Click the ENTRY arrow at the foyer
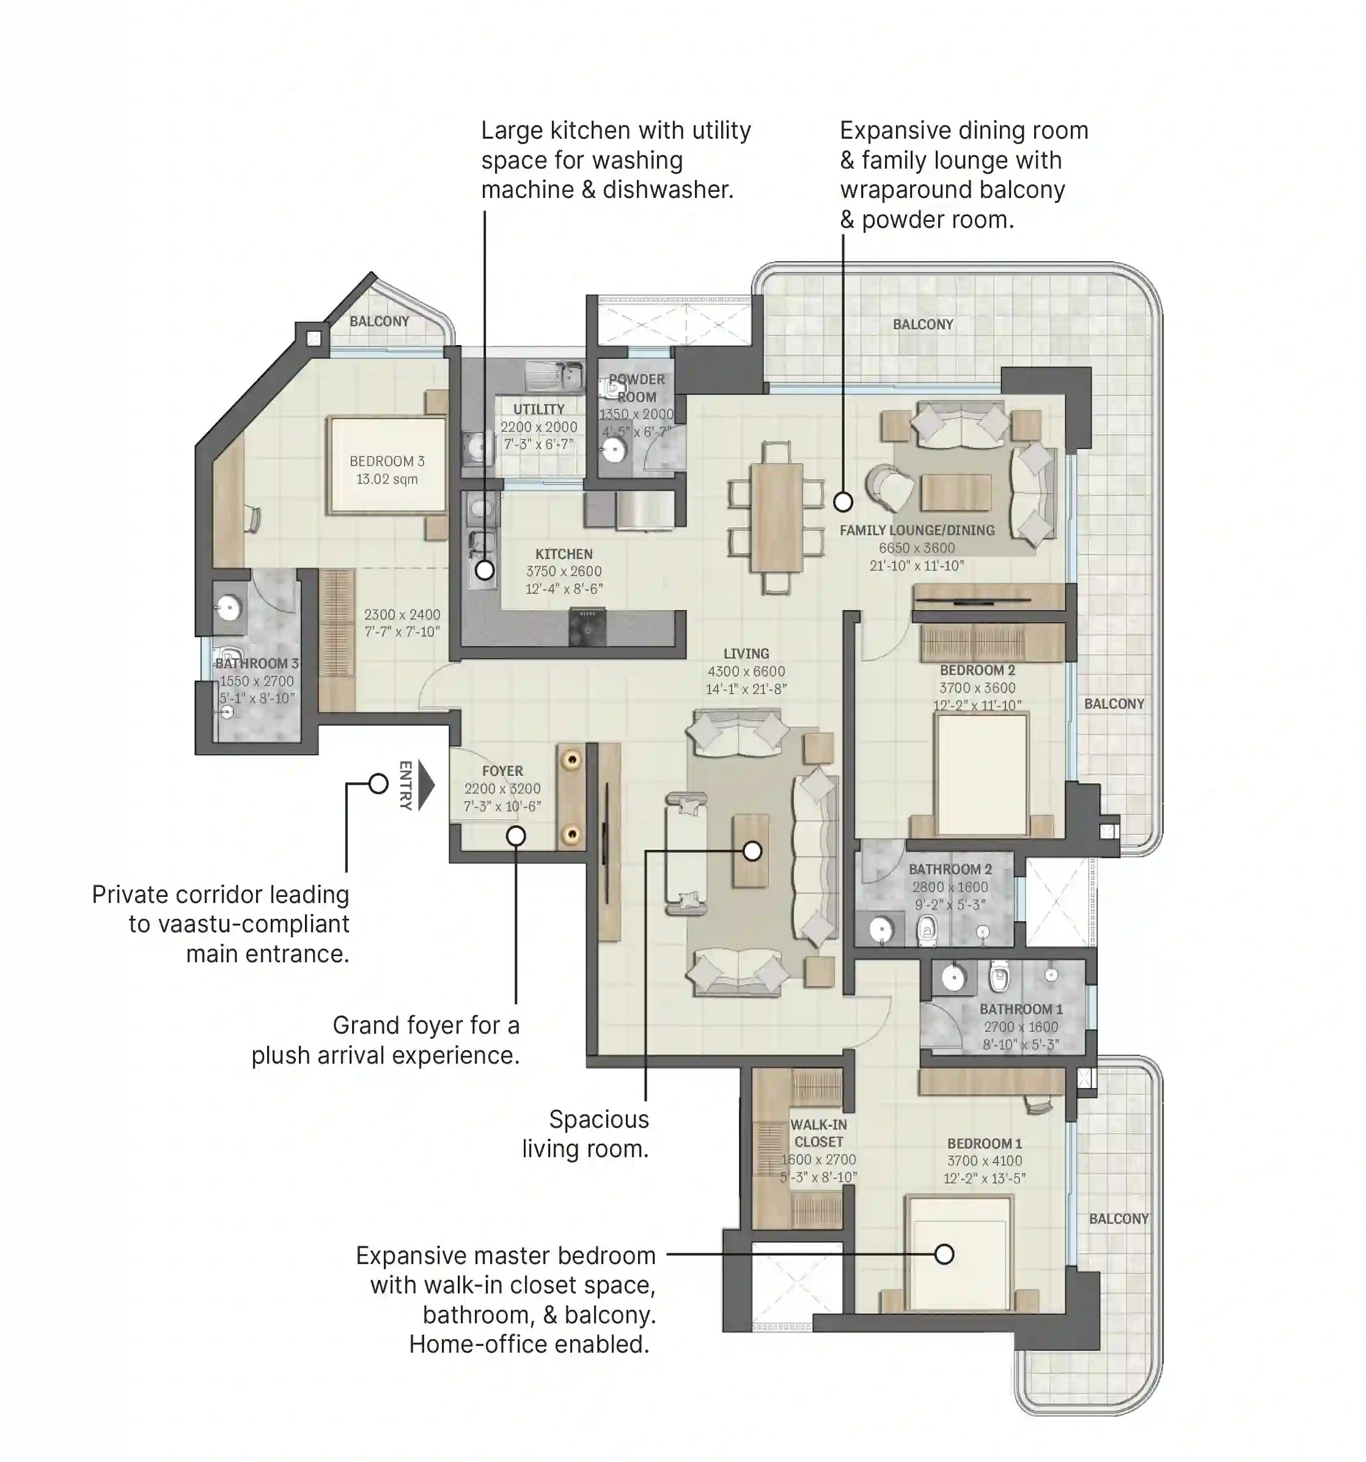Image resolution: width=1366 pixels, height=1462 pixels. tap(426, 786)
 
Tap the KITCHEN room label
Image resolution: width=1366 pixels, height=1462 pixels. tap(564, 554)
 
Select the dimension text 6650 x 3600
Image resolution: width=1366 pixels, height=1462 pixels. tap(917, 548)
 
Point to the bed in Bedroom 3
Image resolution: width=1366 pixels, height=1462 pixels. tap(387, 465)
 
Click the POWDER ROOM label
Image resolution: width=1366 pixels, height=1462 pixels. tap(636, 387)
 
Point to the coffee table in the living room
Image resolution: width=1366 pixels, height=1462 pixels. tap(751, 851)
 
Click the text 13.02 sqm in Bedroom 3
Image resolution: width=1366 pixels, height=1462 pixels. tap(387, 480)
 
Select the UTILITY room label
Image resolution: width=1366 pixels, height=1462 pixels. tap(538, 409)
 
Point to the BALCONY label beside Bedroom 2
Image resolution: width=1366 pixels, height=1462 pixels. tap(1114, 704)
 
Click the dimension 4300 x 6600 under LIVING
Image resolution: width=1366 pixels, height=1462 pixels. tap(746, 671)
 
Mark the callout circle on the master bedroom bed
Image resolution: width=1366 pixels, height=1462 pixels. tap(944, 1254)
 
